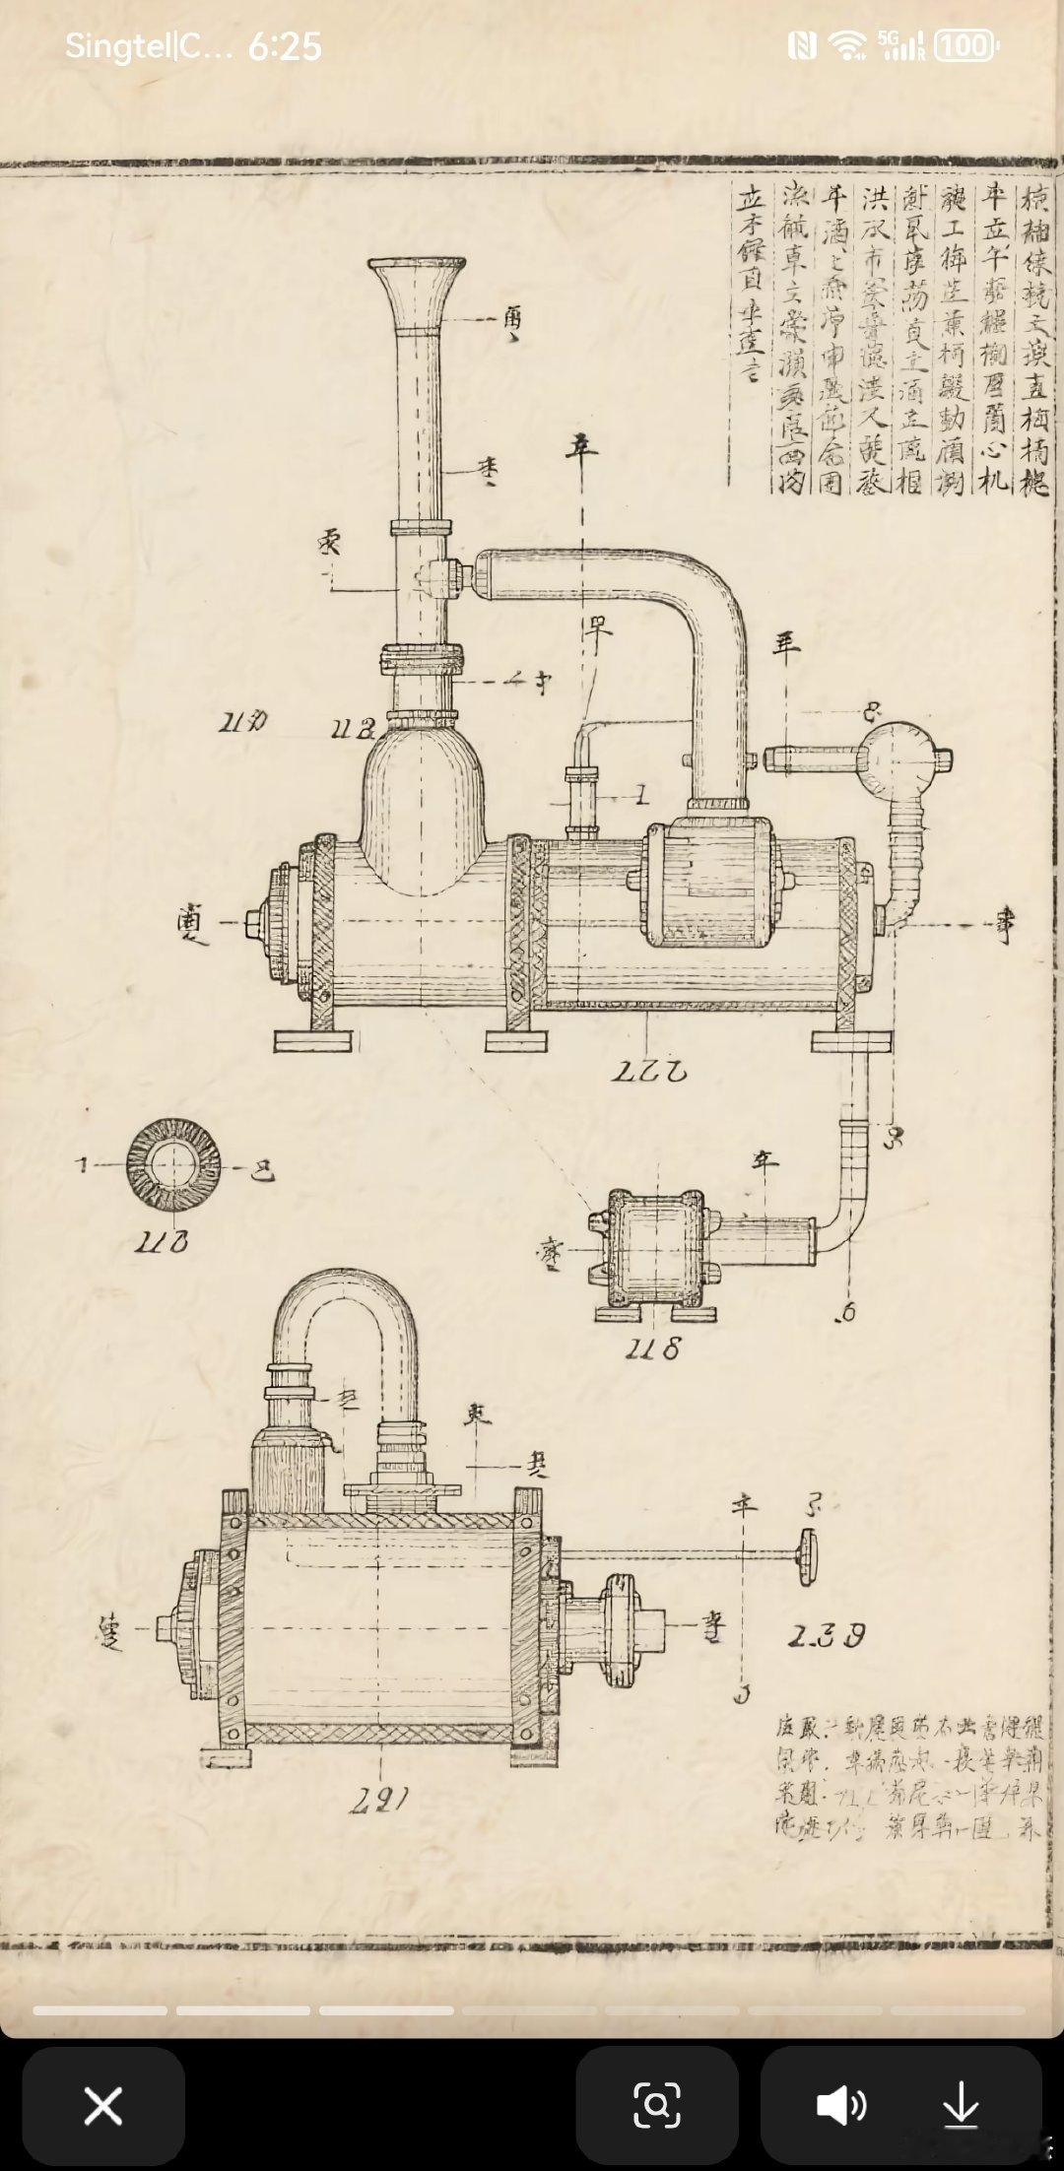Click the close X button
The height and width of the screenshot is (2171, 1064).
[x=103, y=2106]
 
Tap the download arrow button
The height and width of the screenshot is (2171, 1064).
[x=960, y=2106]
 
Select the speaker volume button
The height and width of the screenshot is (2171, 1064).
[x=841, y=2106]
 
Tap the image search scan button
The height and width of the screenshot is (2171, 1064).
[x=656, y=2106]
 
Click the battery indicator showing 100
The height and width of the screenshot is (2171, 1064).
[x=964, y=45]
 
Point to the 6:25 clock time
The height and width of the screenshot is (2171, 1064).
[x=285, y=46]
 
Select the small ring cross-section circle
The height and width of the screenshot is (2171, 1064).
[x=173, y=1165]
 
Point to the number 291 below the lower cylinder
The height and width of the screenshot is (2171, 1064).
[x=379, y=1800]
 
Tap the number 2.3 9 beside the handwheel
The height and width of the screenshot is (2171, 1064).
[x=826, y=1636]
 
